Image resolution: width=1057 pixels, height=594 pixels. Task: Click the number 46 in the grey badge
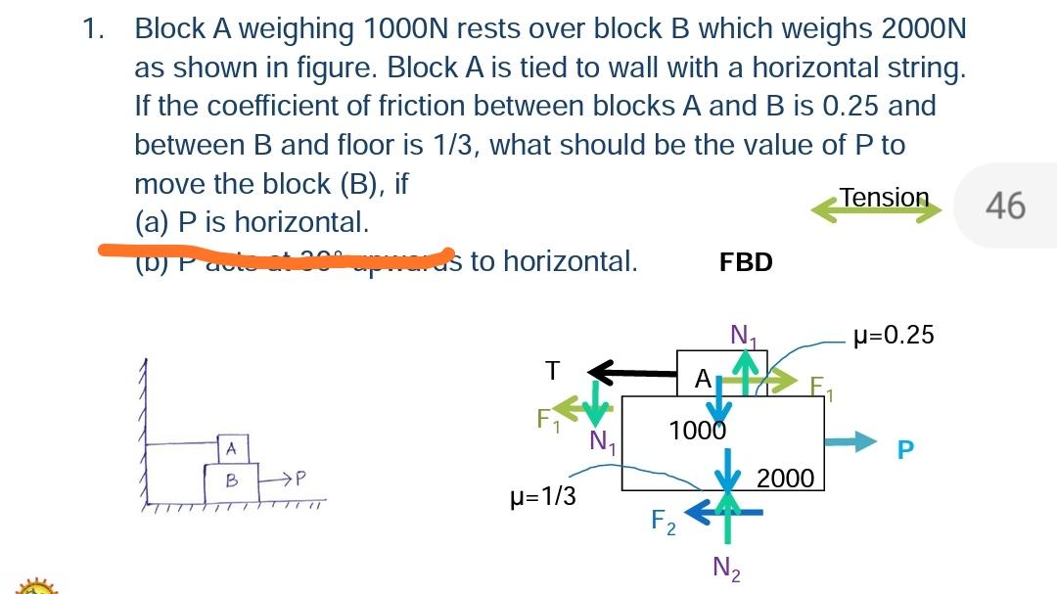click(1005, 206)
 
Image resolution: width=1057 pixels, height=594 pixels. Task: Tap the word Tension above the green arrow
click(884, 197)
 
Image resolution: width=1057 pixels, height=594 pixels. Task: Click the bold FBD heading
click(746, 262)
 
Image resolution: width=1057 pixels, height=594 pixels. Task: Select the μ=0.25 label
click(894, 336)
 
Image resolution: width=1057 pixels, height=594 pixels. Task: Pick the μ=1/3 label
click(543, 496)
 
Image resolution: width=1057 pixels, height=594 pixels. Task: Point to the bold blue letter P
click(905, 449)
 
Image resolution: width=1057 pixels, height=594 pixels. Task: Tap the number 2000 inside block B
click(785, 478)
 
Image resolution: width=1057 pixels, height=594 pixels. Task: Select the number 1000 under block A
click(697, 430)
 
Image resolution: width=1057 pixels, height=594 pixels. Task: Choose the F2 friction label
click(663, 522)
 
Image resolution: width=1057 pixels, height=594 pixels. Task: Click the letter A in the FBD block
click(702, 377)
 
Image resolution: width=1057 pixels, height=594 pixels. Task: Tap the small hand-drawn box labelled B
click(232, 480)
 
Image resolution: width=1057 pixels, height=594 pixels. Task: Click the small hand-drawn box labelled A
click(232, 448)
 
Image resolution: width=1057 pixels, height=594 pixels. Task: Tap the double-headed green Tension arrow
click(876, 210)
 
